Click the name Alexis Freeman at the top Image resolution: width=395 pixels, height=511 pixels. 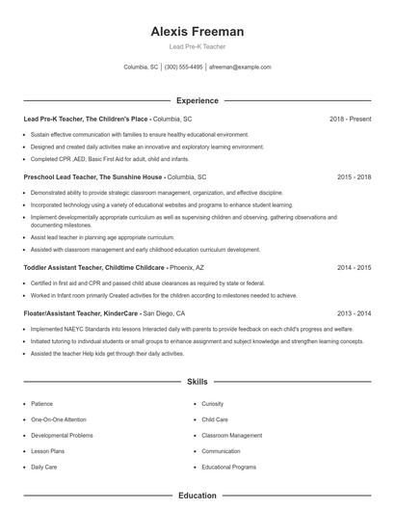tap(197, 31)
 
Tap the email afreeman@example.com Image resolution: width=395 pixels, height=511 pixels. tap(240, 67)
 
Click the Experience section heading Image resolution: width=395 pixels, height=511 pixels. tap(197, 100)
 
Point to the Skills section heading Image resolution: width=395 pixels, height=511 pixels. tap(197, 382)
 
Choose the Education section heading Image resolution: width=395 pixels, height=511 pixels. tap(197, 496)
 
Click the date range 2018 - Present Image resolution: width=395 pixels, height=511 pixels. tap(350, 119)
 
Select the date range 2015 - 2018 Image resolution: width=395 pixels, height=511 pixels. tap(354, 177)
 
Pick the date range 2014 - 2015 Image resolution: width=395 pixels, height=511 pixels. tap(354, 267)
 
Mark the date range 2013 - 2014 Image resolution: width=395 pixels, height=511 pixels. tap(354, 313)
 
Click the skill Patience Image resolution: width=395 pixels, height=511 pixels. tap(42, 404)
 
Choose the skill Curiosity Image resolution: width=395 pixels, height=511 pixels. tap(213, 404)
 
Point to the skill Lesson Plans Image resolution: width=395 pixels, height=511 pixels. tap(47, 451)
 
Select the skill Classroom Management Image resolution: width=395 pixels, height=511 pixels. tap(231, 436)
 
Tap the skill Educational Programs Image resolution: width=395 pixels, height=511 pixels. tap(228, 467)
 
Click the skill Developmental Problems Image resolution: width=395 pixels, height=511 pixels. tap(62, 436)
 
